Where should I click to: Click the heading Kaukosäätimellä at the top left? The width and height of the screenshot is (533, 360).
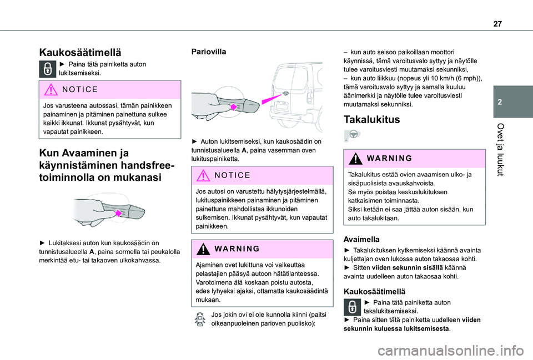[80, 53]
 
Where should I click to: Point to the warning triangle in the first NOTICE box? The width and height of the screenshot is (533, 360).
[49, 89]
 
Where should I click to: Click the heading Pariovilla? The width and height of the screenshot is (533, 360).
[208, 51]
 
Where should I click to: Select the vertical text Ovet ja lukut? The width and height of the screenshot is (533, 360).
[510, 150]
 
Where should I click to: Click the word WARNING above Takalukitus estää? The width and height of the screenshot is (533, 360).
[389, 158]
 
